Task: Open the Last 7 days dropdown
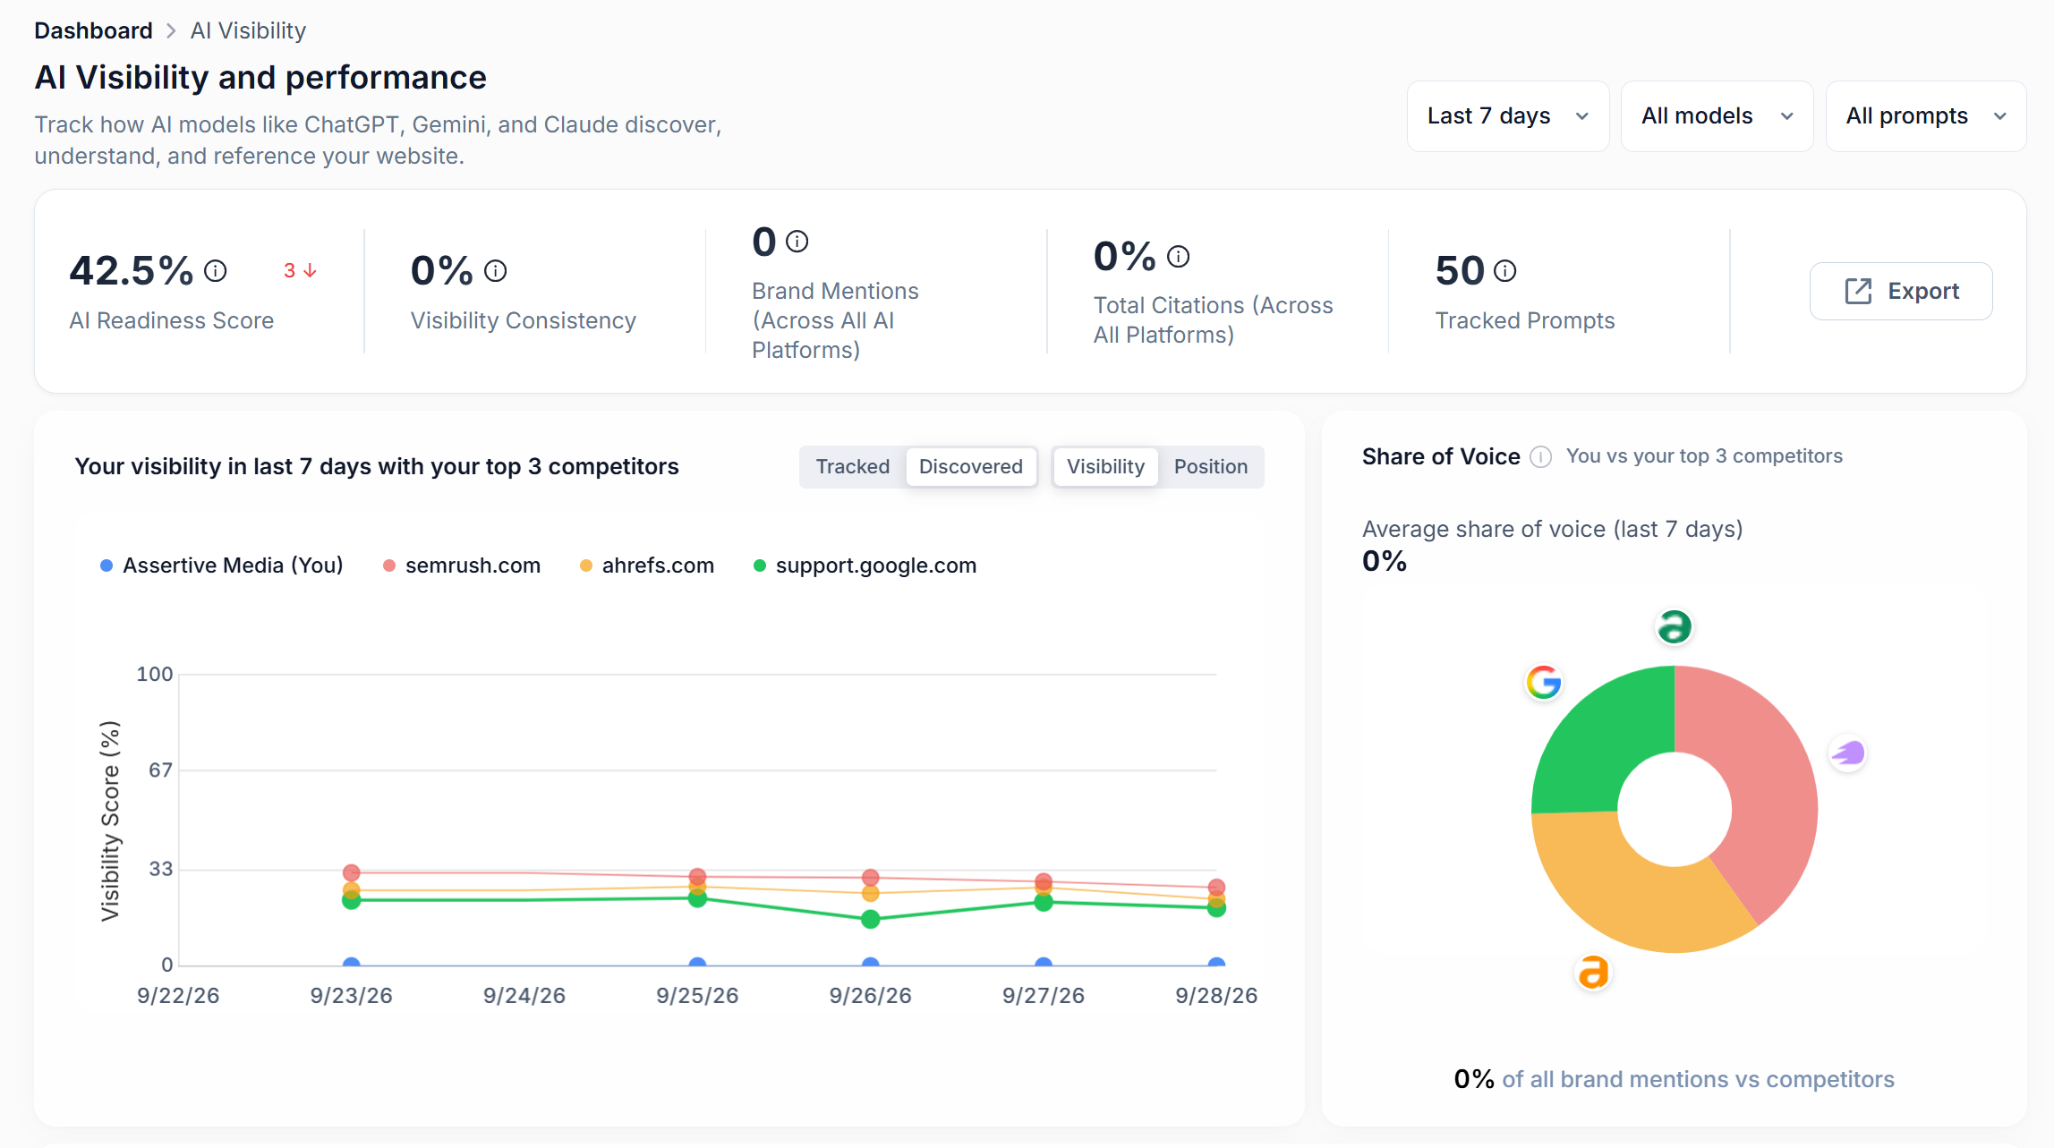pos(1508,116)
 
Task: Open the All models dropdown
pos(1717,116)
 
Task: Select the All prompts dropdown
pos(1926,116)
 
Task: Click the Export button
pos(1901,291)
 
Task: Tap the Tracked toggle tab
pos(853,467)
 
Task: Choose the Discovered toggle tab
pos(971,467)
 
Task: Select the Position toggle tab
pos(1211,467)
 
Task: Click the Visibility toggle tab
pos(1105,467)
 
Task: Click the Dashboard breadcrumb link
pos(94,30)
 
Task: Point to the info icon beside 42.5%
pos(216,270)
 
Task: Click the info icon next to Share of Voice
pos(1540,457)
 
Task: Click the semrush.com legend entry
pos(462,565)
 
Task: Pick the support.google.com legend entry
pos(865,565)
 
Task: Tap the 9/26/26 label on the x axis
pos(871,996)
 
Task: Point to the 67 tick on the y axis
pos(161,770)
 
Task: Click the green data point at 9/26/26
pos(871,919)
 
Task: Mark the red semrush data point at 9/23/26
pos(352,872)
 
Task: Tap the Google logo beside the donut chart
pos(1544,683)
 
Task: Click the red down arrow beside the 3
pos(311,270)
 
